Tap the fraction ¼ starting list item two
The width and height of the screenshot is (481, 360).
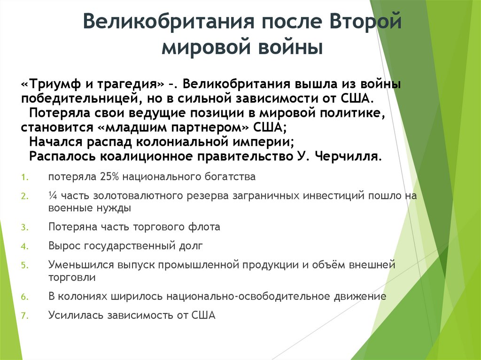pos(52,196)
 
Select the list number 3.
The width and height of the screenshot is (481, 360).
pos(24,228)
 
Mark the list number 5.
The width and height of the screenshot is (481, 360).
pos(24,265)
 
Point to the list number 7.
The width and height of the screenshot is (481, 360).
pos(24,315)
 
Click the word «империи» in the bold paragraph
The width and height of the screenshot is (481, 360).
pos(269,142)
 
